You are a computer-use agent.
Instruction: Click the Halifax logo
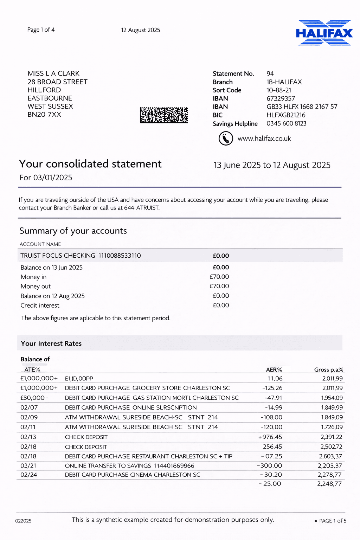coord(324,33)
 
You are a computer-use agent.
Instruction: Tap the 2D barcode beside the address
coord(164,115)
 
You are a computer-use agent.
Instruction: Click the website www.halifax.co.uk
coord(264,139)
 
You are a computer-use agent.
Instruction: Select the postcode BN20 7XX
coord(44,115)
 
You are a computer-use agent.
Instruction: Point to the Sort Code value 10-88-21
coord(279,90)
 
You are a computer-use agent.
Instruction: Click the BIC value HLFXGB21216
coord(286,115)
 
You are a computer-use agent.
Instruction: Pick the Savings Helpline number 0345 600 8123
coord(286,123)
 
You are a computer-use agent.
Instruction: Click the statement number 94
coord(270,73)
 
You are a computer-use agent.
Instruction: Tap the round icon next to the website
coord(226,139)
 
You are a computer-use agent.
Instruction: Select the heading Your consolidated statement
coord(90,164)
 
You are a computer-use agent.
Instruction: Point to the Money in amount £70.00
coord(219,277)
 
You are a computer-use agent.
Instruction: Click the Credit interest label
coord(40,306)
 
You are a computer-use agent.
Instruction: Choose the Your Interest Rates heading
coord(51,343)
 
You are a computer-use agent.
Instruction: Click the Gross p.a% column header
coord(328,369)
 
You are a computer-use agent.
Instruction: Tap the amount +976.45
coord(270,437)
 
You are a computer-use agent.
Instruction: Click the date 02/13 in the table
coord(29,437)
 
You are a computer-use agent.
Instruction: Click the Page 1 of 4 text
coord(41,30)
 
